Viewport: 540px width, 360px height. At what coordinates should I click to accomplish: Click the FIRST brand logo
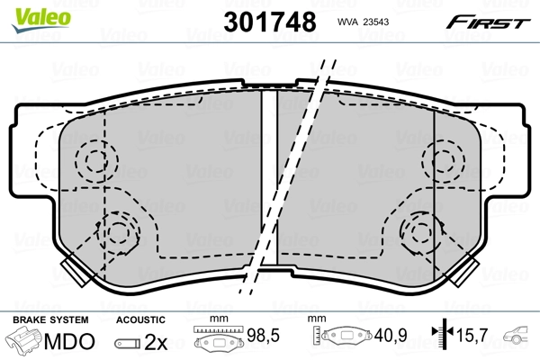pos(491,21)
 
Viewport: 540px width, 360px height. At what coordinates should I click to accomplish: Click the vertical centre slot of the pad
pos(269,180)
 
